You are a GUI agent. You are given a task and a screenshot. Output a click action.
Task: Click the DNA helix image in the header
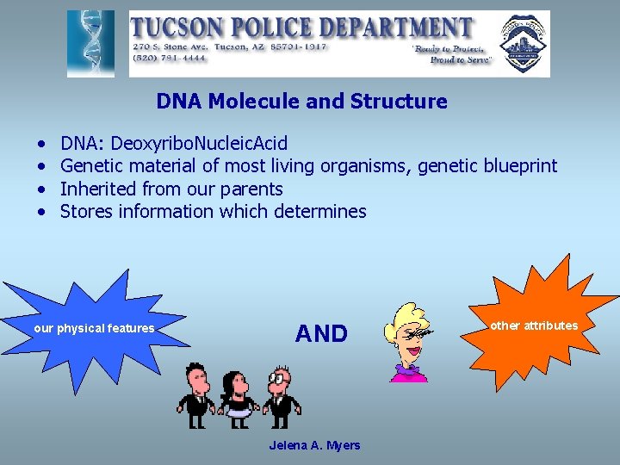pyautogui.click(x=91, y=44)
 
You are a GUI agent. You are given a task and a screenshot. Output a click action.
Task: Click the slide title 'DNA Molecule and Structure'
pyautogui.click(x=301, y=102)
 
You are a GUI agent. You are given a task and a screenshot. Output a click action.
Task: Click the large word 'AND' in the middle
pyautogui.click(x=321, y=333)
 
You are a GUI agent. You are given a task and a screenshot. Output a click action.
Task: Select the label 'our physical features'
pyautogui.click(x=94, y=328)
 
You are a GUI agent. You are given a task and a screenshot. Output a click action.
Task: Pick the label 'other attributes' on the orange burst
pyautogui.click(x=534, y=325)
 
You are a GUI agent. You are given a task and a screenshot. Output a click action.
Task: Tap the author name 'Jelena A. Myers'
pyautogui.click(x=314, y=445)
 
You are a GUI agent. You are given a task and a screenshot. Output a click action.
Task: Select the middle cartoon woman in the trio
pyautogui.click(x=235, y=398)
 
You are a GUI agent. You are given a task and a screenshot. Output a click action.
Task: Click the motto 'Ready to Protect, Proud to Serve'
pyautogui.click(x=452, y=54)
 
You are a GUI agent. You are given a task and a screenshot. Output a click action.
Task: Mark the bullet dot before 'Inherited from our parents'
pyautogui.click(x=42, y=189)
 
